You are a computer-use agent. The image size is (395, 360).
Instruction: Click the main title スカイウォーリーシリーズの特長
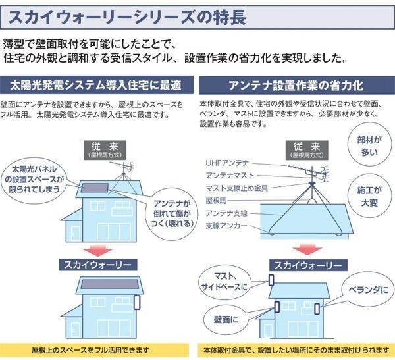point(125,16)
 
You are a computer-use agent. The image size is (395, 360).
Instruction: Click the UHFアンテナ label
point(227,163)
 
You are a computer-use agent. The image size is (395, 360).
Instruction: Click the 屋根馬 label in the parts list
point(218,201)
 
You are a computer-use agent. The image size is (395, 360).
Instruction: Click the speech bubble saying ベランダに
point(366,290)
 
